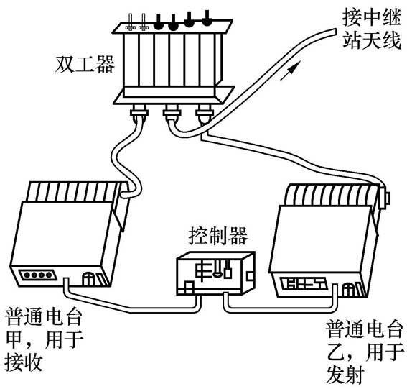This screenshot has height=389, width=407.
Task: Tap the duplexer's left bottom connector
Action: [139, 113]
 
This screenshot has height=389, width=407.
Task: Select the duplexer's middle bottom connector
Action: [172, 113]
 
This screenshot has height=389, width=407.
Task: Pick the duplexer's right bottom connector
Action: [205, 113]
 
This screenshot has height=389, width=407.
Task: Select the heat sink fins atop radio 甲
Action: [72, 191]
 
